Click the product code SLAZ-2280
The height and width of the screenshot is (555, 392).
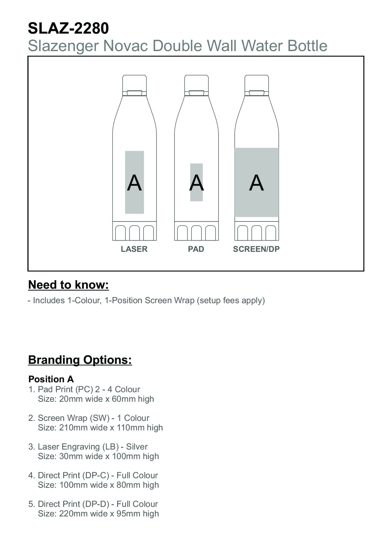[68, 28]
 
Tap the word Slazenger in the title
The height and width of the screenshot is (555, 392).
[63, 45]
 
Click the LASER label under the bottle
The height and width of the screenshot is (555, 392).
[134, 249]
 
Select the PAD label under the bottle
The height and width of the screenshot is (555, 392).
[196, 249]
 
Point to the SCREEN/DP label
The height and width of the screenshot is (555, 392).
[256, 249]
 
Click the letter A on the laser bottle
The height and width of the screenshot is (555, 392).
[134, 183]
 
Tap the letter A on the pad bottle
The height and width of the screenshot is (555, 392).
[196, 183]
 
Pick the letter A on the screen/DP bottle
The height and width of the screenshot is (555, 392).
[256, 183]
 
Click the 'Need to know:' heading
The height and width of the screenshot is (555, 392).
[68, 285]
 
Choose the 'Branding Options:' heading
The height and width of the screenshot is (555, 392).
[80, 360]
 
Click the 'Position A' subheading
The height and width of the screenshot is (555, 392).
[51, 379]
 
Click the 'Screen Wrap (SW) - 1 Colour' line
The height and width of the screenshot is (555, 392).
[93, 418]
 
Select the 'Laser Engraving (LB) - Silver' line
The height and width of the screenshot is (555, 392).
[92, 447]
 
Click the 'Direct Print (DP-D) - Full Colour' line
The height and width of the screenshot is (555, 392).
[98, 504]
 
